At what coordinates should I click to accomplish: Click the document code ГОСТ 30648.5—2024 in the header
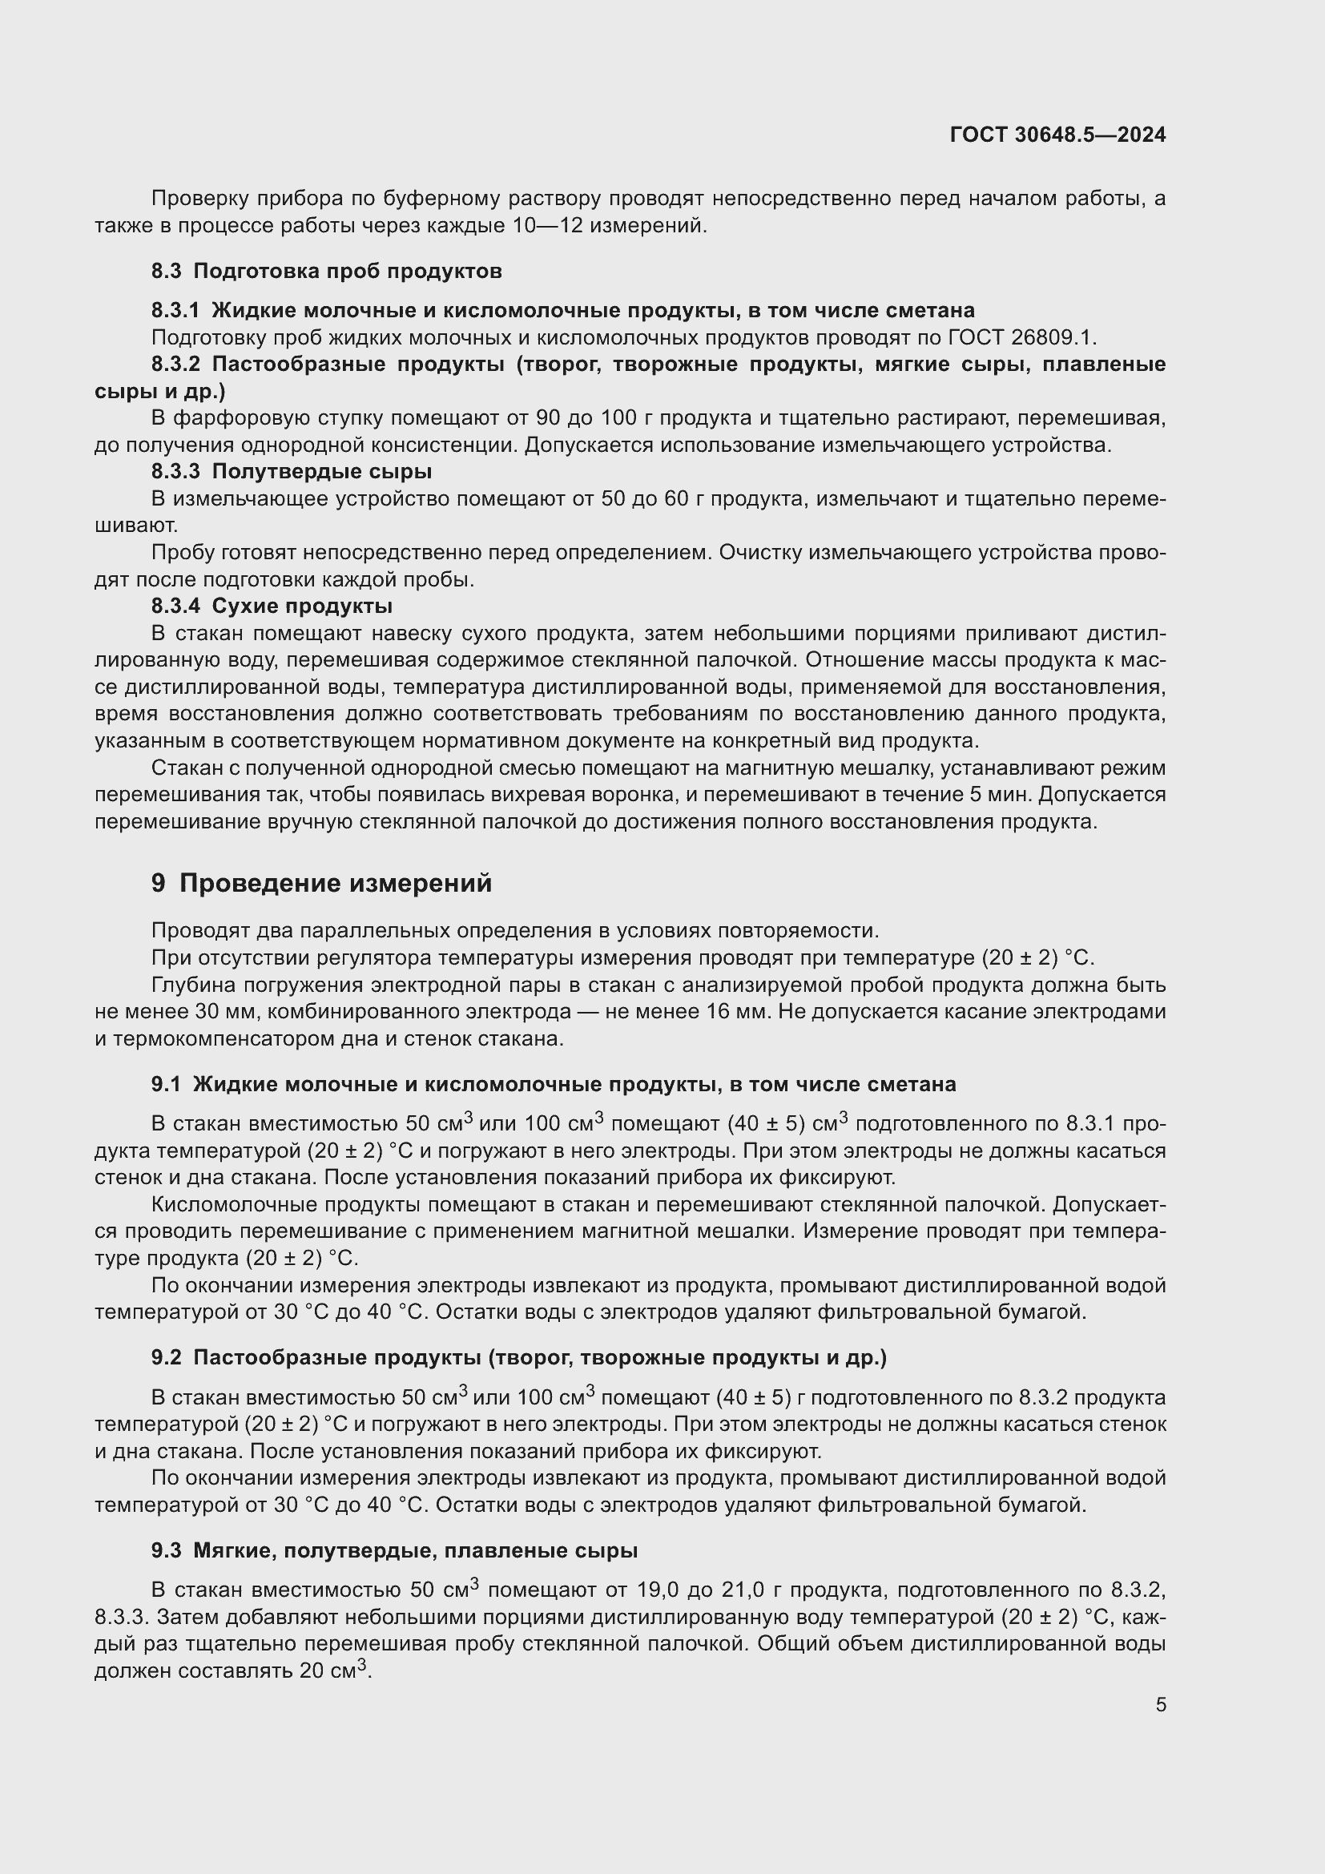point(1057,135)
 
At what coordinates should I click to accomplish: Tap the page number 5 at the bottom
point(1160,1704)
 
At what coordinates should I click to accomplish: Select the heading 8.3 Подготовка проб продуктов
point(326,271)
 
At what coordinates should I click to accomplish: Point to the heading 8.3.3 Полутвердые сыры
point(292,471)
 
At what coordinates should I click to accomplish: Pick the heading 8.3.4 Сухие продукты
point(272,606)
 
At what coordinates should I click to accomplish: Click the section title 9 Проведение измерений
point(321,883)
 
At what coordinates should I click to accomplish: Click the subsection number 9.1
point(166,1084)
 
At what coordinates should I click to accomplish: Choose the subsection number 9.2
point(166,1357)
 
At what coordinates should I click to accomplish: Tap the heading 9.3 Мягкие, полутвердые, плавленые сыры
point(394,1550)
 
